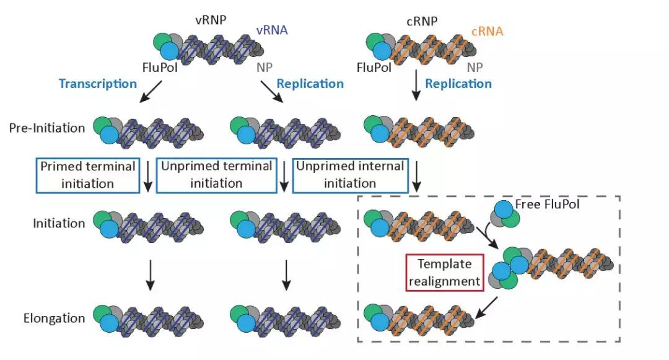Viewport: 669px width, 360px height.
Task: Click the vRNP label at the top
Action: point(211,20)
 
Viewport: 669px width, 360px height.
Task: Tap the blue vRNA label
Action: point(272,29)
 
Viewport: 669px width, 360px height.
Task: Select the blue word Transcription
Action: point(98,83)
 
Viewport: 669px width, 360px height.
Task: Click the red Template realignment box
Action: point(444,272)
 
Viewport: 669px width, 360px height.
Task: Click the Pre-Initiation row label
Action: point(47,128)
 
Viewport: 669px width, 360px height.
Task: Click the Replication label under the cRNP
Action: point(458,83)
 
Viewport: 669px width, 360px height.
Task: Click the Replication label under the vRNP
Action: point(310,83)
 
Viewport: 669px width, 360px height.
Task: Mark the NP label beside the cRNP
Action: point(475,67)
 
